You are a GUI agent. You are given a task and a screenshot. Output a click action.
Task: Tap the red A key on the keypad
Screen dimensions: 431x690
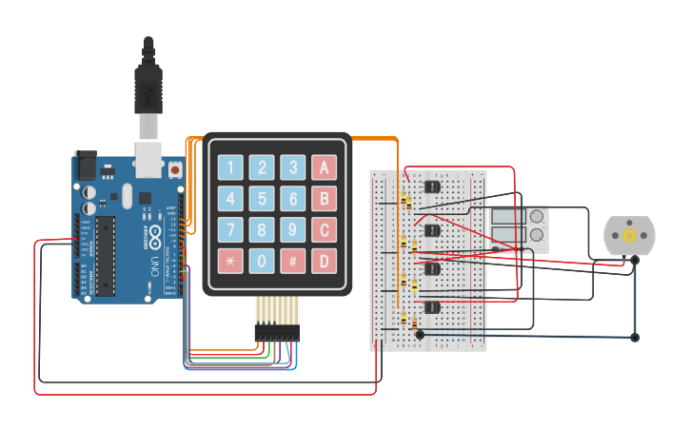point(325,168)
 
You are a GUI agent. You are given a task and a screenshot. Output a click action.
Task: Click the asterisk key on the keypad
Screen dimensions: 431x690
point(230,261)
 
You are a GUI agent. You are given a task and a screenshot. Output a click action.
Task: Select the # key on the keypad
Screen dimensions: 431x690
point(293,261)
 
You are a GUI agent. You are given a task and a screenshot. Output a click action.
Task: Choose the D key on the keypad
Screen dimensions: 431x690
point(325,261)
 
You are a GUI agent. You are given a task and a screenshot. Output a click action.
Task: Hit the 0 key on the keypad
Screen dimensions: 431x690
point(262,261)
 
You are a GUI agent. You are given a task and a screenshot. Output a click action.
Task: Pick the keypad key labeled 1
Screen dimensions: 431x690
point(230,168)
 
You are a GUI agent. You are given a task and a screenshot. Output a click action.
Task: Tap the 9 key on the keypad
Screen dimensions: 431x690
point(293,230)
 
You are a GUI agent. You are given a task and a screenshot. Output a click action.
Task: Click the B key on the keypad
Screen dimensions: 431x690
point(325,199)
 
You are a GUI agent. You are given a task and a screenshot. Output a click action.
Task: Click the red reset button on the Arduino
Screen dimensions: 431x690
point(175,169)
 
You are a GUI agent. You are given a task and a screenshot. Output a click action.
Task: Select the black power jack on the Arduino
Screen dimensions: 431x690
point(86,166)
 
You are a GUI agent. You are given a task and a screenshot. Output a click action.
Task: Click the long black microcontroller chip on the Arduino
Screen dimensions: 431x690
point(106,256)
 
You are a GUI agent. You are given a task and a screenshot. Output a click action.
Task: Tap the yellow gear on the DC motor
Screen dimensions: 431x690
point(629,235)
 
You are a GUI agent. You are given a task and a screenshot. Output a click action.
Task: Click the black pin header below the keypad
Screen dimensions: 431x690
point(276,334)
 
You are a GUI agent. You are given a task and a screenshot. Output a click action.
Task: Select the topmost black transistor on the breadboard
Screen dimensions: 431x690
point(433,186)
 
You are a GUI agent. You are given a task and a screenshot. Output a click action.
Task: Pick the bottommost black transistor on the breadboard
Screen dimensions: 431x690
point(433,306)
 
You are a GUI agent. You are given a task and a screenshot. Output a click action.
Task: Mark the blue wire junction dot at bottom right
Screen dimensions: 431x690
point(635,337)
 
